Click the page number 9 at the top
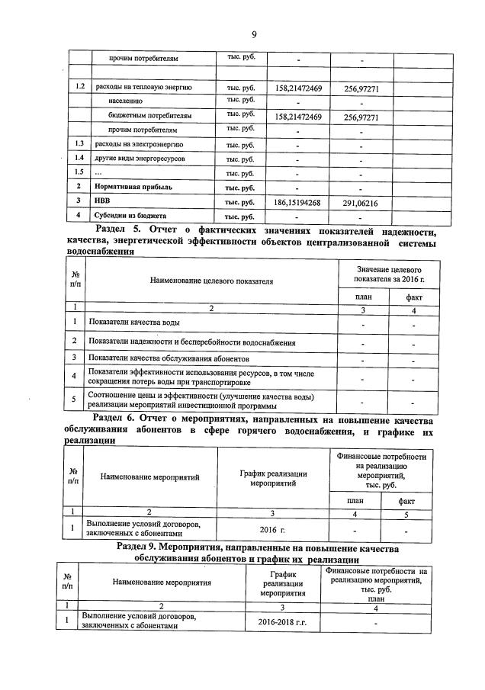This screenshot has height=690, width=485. (x=253, y=34)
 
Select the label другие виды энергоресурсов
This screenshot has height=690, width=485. (x=140, y=159)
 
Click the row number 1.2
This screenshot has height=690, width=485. (x=77, y=88)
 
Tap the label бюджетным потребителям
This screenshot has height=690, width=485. (x=149, y=116)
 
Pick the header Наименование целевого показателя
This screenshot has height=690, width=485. (x=211, y=281)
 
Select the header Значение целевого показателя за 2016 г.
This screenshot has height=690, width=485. (x=390, y=274)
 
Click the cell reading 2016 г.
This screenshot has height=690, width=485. (x=272, y=528)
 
